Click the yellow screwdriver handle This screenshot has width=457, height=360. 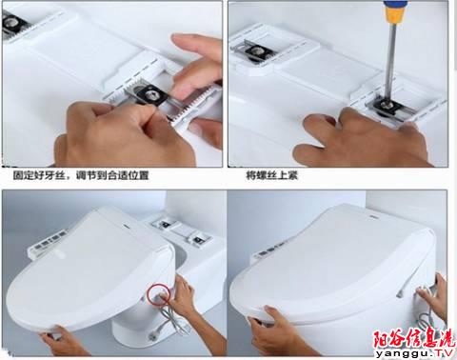[x=395, y=10]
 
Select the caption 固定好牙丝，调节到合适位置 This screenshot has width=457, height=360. [x=81, y=175]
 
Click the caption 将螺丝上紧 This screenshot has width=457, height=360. [x=272, y=175]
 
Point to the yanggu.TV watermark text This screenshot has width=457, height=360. [x=414, y=353]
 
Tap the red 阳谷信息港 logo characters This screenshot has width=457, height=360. [x=414, y=339]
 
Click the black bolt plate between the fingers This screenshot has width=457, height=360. [x=150, y=94]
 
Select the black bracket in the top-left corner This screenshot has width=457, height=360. [x=13, y=23]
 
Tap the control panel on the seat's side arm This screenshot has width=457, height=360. [x=50, y=244]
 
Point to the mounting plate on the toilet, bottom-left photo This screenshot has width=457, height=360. [x=181, y=230]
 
